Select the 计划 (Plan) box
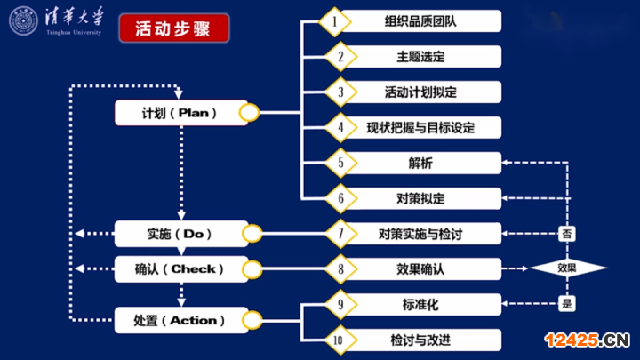tap(180, 113)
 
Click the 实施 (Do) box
tap(180, 234)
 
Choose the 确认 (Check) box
tap(180, 268)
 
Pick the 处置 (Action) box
tap(180, 320)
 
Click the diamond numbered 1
tap(335, 20)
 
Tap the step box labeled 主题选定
tap(420, 56)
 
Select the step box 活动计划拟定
tap(420, 92)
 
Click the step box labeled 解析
tap(420, 163)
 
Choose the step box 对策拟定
tap(420, 198)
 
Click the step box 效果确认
tap(420, 268)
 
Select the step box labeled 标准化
tap(420, 304)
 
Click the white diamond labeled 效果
tap(567, 268)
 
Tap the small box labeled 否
tap(567, 234)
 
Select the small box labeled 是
tap(567, 304)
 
